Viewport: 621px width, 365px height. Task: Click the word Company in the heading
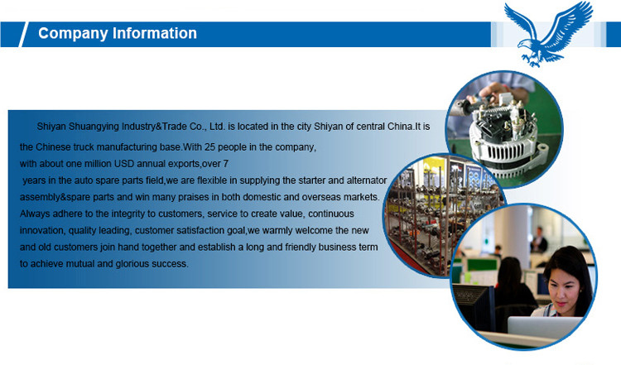coord(73,34)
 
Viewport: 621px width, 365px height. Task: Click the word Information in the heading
coord(155,33)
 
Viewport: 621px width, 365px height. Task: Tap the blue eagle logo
coord(548,34)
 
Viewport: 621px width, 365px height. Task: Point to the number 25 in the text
coord(210,147)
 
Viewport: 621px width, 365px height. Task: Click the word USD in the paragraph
coord(124,164)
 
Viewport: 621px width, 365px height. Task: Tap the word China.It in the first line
coord(408,127)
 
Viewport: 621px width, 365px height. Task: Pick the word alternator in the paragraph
coord(367,180)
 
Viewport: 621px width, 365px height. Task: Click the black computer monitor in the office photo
coord(474,307)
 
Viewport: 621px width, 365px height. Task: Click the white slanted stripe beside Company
coord(23,35)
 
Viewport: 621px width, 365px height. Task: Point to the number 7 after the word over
coord(226,164)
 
